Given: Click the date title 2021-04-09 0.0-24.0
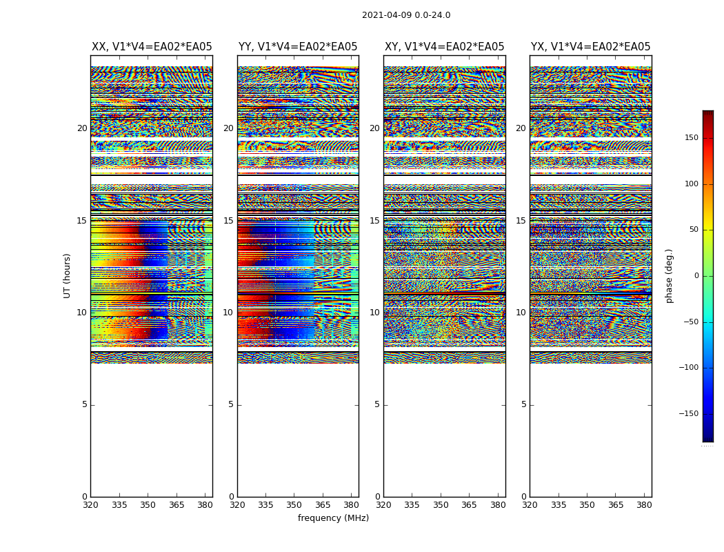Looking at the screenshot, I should pos(406,15).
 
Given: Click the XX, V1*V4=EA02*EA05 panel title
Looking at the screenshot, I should pos(152,47).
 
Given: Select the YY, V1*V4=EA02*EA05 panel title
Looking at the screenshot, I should pos(298,47).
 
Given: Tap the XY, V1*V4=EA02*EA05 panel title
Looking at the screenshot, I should pos(444,47).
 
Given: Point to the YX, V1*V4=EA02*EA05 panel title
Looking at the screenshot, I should pos(590,47).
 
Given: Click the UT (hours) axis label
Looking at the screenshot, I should pos(68,275).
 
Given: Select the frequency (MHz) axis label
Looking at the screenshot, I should pos(333,518).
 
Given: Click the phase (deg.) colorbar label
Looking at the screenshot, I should pos(670,275).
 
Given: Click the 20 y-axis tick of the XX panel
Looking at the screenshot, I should pos(82,128).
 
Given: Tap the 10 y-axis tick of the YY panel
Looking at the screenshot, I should pos(228,313).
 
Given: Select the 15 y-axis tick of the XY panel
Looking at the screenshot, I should pos(374,221).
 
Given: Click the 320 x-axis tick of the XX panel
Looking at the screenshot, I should pos(90,504).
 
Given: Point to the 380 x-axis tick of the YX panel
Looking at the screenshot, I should pos(643,504).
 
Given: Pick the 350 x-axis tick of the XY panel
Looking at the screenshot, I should pos(441,504).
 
